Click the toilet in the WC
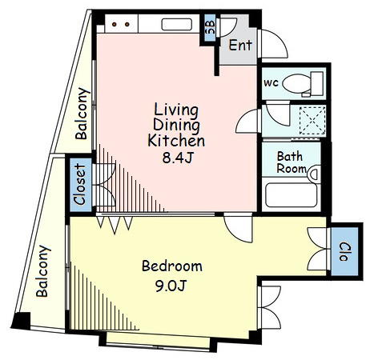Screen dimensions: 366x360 (303, 83)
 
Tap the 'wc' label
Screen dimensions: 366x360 (271, 83)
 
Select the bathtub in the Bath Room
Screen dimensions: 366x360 (292, 195)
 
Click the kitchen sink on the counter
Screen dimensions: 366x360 (177, 24)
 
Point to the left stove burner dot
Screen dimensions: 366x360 (115, 24)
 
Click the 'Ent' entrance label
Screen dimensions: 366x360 (240, 45)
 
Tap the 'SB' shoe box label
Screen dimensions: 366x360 (211, 27)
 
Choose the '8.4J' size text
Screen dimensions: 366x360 (178, 158)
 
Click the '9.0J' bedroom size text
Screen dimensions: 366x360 (171, 286)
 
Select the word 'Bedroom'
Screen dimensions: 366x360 (172, 266)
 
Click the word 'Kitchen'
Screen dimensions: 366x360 (176, 141)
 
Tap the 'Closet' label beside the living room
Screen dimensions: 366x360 (80, 184)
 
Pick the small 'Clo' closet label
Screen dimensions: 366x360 (344, 252)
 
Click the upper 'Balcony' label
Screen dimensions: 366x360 (82, 114)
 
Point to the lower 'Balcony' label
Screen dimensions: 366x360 (43, 271)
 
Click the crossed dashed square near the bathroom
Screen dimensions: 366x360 (312, 121)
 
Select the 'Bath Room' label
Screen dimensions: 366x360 (291, 162)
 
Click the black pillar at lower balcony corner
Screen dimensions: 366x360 (21, 321)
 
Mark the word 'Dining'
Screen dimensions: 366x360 (176, 126)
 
